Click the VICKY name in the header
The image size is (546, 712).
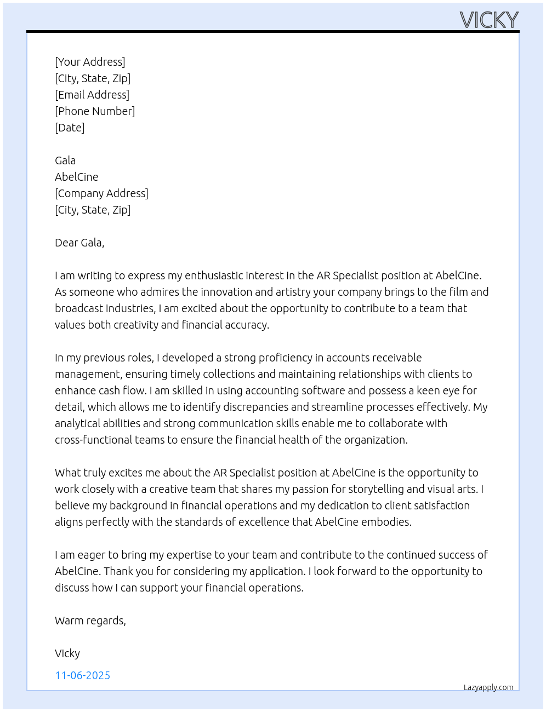(489, 20)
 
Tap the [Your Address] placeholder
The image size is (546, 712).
(90, 62)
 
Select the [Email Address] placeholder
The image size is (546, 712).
(92, 95)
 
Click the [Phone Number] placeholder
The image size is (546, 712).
(95, 111)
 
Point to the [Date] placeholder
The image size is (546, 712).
(70, 128)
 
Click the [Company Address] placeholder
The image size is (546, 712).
(101, 193)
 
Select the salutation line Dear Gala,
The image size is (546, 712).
(79, 243)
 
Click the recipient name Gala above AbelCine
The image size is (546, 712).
(65, 160)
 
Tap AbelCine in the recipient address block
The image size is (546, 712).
(77, 177)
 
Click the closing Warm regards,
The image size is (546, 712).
(90, 621)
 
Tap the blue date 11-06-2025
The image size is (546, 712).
(83, 675)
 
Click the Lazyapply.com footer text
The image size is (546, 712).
(488, 687)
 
